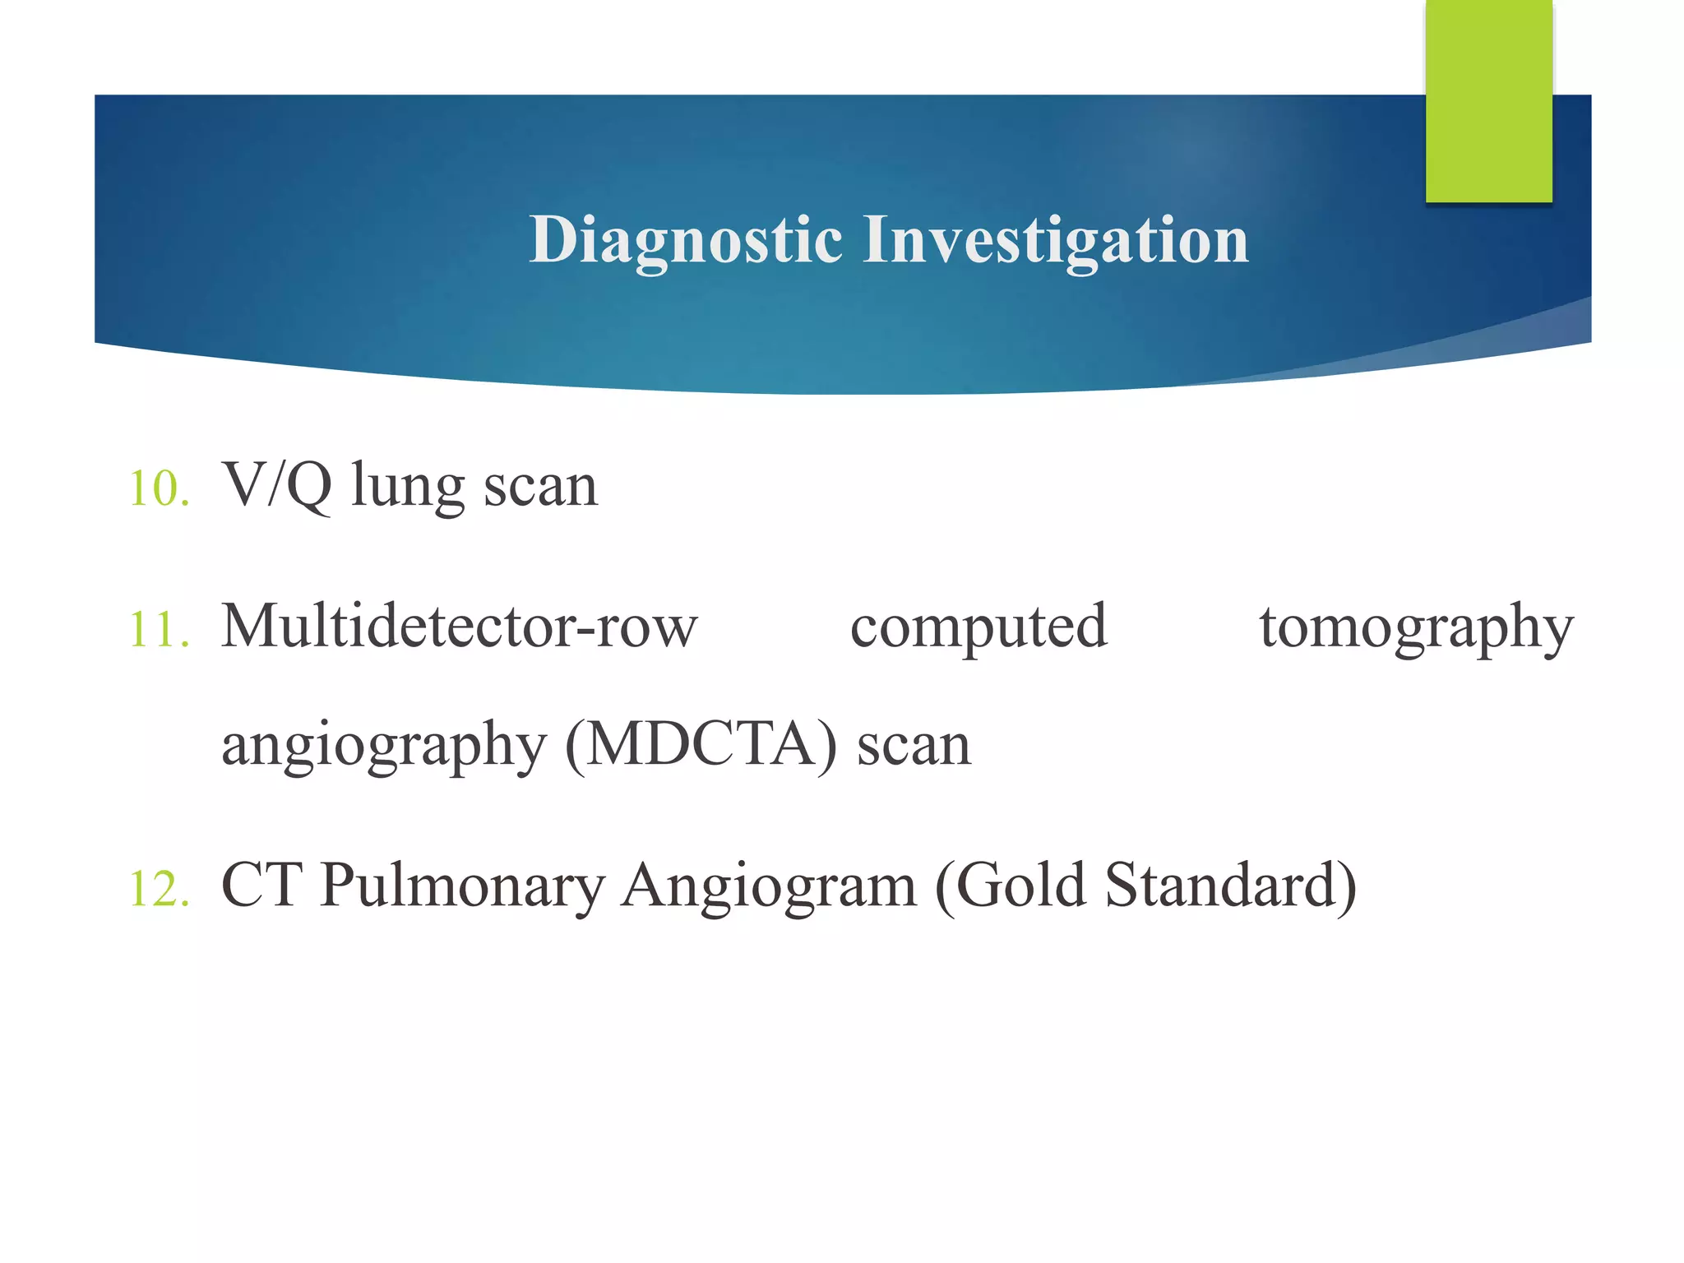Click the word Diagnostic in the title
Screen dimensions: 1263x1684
686,240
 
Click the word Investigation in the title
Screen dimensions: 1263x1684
1055,240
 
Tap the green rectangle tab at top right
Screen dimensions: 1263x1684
1488,100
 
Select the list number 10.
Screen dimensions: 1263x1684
159,488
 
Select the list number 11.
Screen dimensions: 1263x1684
159,630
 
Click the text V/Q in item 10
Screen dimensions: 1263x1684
277,485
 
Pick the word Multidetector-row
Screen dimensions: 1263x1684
460,627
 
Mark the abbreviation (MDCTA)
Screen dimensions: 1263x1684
701,745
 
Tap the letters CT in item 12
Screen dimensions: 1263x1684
261,886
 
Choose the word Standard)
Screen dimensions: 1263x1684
1230,886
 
